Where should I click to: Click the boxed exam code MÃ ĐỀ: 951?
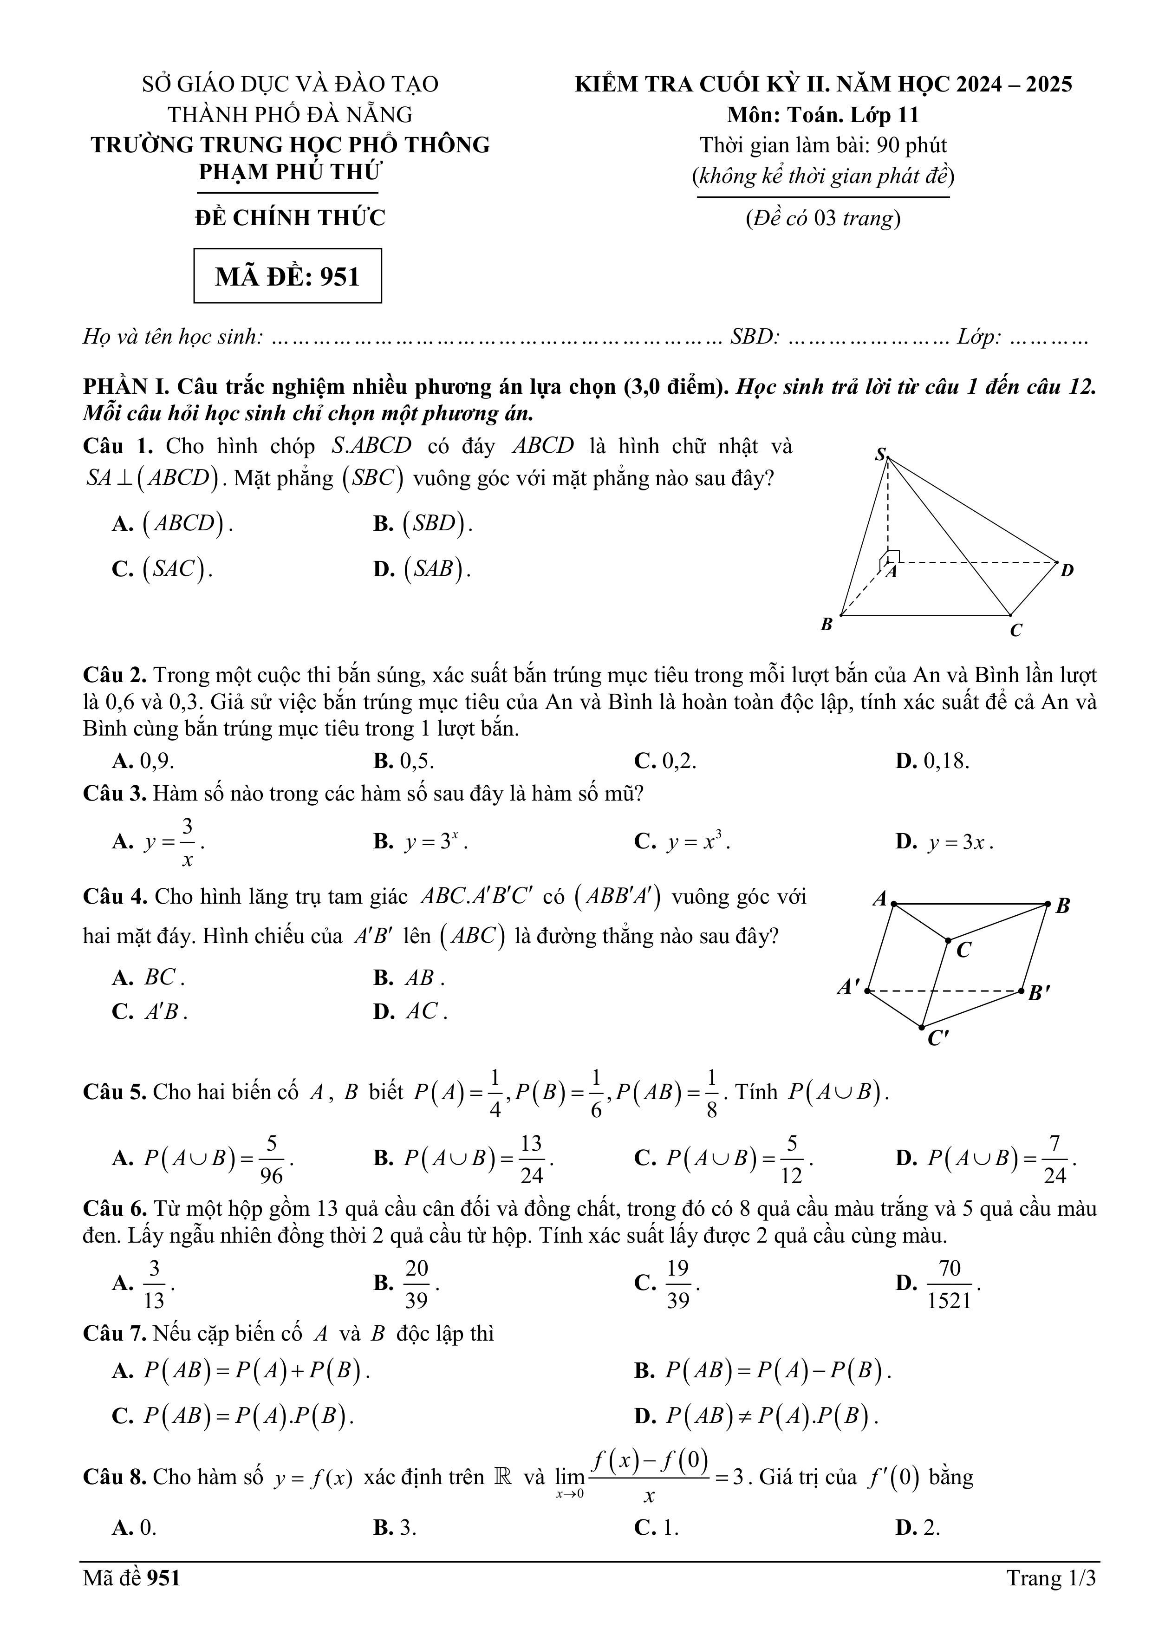(x=287, y=276)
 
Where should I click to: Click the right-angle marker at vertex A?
(x=893, y=555)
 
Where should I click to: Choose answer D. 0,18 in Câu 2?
(x=932, y=761)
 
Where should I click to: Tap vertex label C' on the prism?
(x=938, y=1039)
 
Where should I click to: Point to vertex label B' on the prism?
(x=1039, y=992)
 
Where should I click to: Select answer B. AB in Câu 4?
(x=409, y=977)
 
